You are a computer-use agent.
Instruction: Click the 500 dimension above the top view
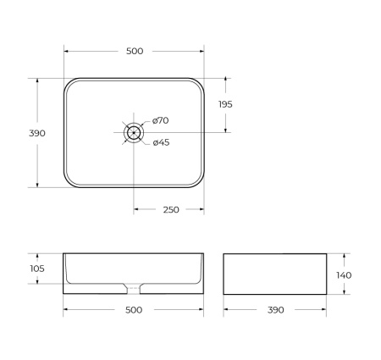click(134, 51)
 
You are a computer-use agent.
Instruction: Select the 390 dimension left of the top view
click(37, 133)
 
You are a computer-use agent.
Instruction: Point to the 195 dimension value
click(225, 104)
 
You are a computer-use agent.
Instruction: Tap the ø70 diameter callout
click(161, 122)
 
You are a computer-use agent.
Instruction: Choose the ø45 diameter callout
click(161, 142)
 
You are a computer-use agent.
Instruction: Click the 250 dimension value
click(170, 210)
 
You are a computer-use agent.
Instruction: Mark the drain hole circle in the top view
click(134, 132)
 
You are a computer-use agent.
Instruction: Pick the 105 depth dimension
click(37, 269)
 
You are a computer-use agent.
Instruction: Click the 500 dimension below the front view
click(134, 310)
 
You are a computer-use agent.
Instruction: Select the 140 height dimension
click(344, 274)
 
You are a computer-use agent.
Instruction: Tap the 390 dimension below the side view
click(275, 310)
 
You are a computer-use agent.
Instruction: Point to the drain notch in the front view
click(134, 286)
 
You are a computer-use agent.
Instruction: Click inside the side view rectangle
click(275, 274)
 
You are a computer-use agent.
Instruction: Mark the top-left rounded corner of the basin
click(69, 83)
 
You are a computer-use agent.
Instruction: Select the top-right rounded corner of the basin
click(199, 83)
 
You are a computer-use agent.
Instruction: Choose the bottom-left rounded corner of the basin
click(69, 182)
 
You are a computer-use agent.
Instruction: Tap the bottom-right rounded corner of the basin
click(199, 182)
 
